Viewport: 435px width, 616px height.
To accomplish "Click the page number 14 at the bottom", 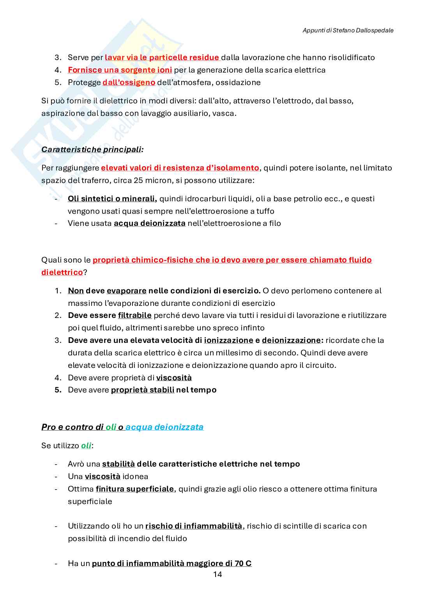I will tap(217, 574).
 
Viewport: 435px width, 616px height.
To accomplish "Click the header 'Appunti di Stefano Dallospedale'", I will tap(348, 30).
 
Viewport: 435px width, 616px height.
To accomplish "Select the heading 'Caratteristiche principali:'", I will tap(92, 149).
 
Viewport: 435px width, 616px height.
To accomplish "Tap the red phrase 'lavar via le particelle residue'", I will tap(162, 57).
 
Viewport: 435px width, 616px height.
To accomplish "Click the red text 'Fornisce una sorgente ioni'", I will tap(120, 70).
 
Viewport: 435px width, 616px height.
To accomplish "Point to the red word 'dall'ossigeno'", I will tap(129, 82).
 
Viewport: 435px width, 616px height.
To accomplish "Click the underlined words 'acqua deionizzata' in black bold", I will tap(149, 223).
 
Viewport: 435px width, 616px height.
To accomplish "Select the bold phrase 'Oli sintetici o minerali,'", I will tap(112, 199).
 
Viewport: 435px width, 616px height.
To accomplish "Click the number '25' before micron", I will tap(138, 180).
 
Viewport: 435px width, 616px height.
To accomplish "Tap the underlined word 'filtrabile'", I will tap(134, 315).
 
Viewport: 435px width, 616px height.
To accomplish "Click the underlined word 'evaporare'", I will tap(126, 291).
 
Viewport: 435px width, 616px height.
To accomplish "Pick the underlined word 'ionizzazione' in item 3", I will tap(228, 340).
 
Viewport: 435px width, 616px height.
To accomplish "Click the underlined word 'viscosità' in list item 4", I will tap(174, 378).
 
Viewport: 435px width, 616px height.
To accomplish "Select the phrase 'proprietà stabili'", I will tap(142, 390).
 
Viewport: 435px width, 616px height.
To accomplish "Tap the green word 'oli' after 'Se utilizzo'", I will tap(86, 446).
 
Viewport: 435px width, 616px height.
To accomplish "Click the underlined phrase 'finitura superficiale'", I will tap(134, 489).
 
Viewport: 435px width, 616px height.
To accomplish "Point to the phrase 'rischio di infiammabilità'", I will tap(194, 526).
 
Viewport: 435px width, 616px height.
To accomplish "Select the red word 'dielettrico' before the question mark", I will tap(62, 272).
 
